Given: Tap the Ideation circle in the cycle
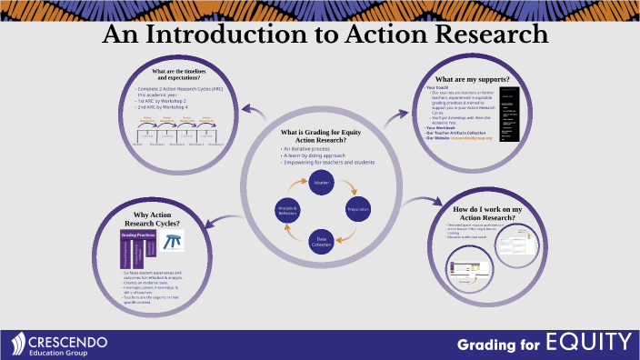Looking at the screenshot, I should [x=321, y=182].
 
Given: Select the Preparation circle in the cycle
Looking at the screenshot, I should [x=358, y=209].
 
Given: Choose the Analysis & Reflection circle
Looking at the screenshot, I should [x=287, y=209].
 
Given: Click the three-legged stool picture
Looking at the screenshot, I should [x=172, y=240].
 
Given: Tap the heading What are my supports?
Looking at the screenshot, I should [x=473, y=79].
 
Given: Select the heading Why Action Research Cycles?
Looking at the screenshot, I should [x=152, y=218].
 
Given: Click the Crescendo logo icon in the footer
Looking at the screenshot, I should [x=19, y=343].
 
